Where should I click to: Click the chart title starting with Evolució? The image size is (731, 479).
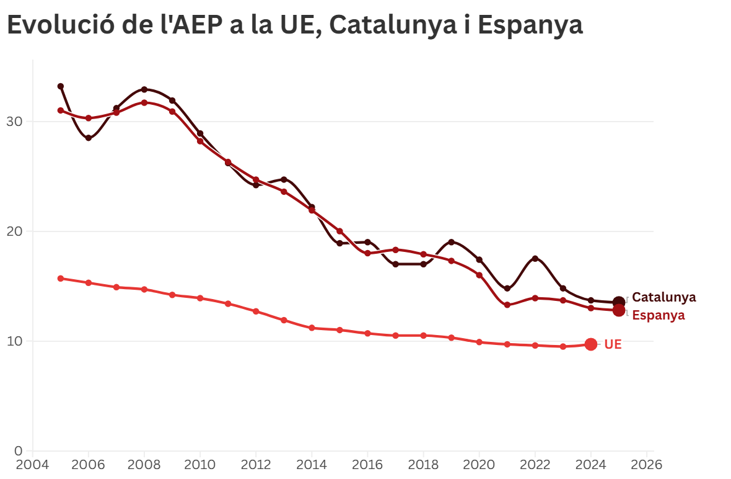pos(294,25)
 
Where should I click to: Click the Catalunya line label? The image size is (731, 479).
pos(663,297)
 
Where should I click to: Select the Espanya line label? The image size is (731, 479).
pos(658,315)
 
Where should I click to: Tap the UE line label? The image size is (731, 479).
pos(613,344)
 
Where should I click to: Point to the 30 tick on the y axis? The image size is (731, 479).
pos(15,122)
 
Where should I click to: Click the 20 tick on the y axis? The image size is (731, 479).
pos(15,231)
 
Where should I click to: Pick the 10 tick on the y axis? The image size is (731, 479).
pos(15,341)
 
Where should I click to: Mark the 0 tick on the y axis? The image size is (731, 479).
pos(18,451)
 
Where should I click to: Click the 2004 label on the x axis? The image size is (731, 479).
pos(32,464)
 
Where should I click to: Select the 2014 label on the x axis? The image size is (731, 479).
pos(312,464)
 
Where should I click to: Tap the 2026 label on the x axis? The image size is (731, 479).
pos(647,464)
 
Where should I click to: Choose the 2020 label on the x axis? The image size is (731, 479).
pos(479,464)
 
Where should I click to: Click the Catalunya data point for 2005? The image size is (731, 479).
pos(61,86)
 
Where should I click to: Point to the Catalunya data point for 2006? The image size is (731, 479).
pos(89,138)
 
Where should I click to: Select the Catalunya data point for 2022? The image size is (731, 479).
pos(535,259)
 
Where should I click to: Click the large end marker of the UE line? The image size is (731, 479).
pos(591,344)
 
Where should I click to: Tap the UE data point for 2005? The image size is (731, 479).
pos(61,279)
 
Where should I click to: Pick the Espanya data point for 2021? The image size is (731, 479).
pos(507,305)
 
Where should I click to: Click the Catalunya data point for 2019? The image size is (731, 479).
pos(451,242)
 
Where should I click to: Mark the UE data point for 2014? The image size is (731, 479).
pos(312,328)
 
